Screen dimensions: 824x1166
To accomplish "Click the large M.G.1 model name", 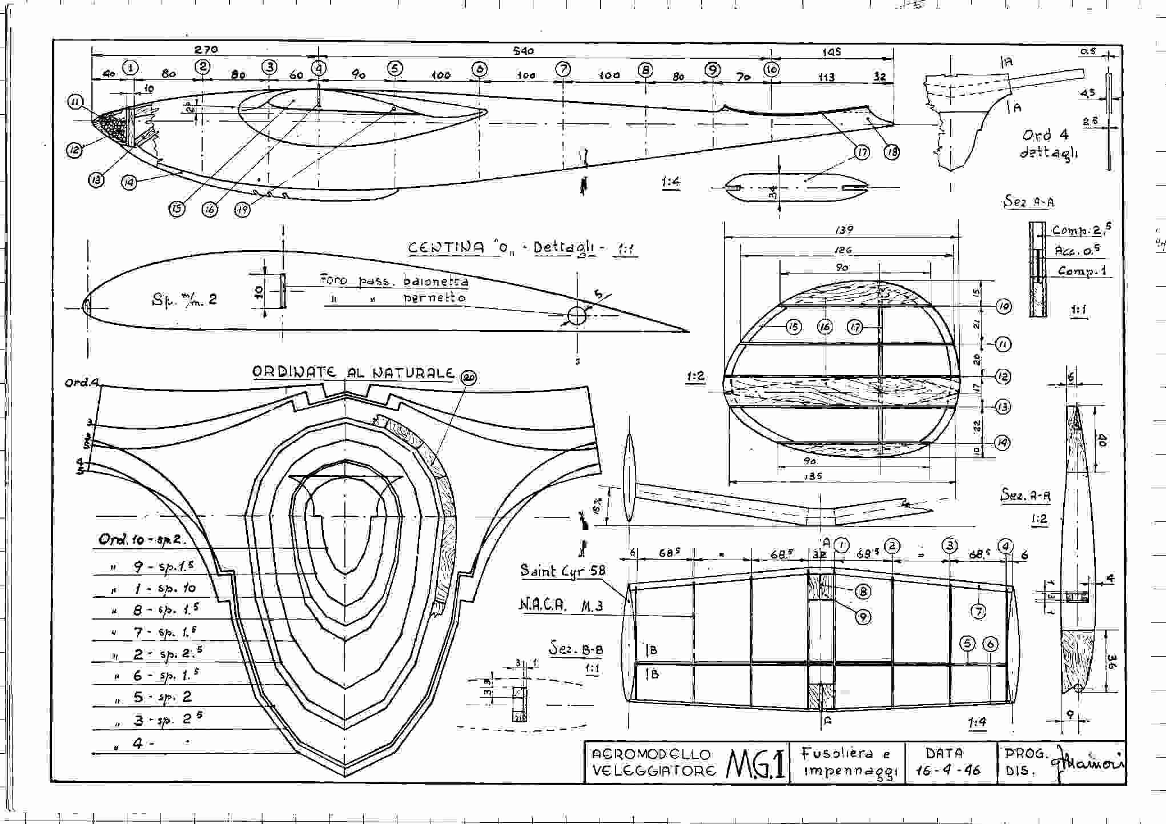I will pyautogui.click(x=756, y=763).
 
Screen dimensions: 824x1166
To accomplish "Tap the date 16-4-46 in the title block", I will pyautogui.click(x=947, y=770).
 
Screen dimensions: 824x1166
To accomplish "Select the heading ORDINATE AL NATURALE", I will pyautogui.click(x=352, y=372).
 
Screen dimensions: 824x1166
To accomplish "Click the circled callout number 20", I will pyautogui.click(x=469, y=377).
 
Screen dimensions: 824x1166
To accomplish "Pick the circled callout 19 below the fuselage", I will pyautogui.click(x=242, y=210).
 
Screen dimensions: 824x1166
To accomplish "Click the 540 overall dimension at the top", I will pyautogui.click(x=523, y=51).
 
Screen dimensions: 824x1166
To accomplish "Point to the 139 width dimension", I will pyautogui.click(x=843, y=230).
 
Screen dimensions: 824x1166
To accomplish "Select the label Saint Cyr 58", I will pyautogui.click(x=562, y=570).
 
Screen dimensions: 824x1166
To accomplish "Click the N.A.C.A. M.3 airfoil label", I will pyautogui.click(x=560, y=605).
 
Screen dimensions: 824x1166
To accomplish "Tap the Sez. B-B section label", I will pyautogui.click(x=576, y=649).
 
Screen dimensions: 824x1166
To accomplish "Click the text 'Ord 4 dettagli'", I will pyautogui.click(x=1047, y=144).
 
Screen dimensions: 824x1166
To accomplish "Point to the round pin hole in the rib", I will pyautogui.click(x=577, y=315).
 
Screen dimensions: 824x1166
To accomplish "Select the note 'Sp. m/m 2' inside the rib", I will pyautogui.click(x=184, y=299).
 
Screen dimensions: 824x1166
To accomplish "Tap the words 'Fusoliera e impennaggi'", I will pyautogui.click(x=845, y=762).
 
